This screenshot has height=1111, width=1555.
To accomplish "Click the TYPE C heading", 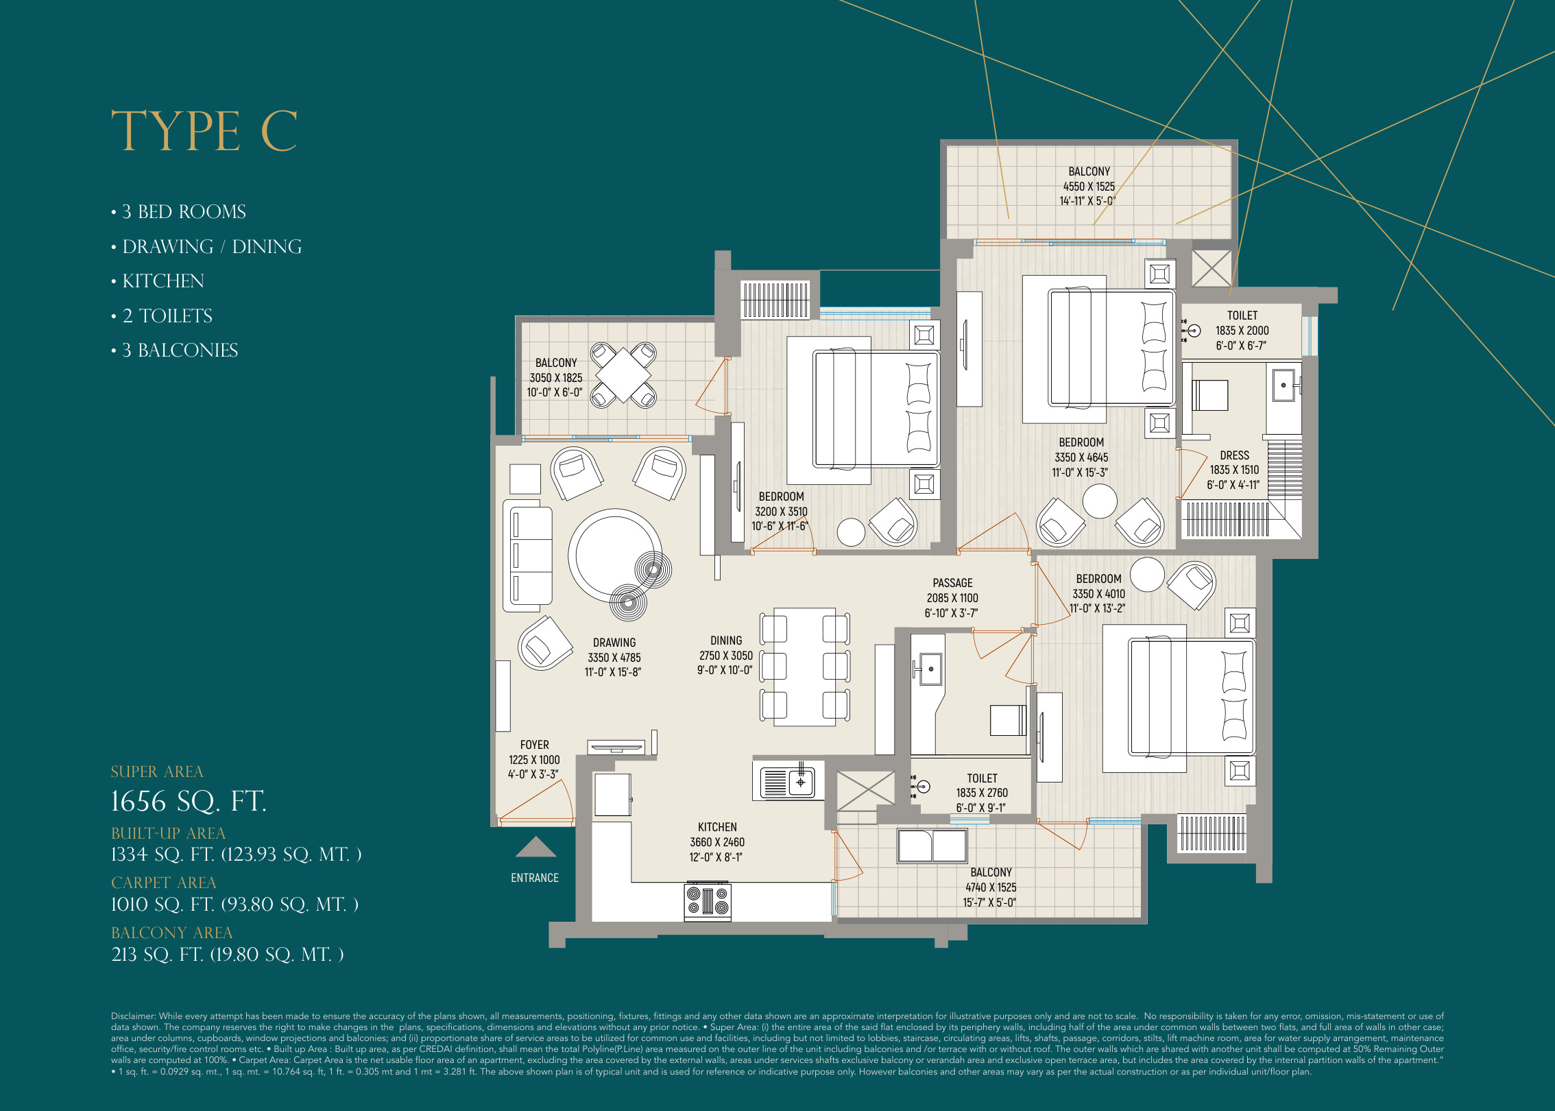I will point(204,131).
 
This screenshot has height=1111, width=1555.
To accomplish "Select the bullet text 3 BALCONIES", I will point(180,350).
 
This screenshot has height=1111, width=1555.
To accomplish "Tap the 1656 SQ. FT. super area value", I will point(189,801).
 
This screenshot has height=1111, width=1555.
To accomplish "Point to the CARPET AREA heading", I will point(163,883).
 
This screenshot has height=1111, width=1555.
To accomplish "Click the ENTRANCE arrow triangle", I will point(535,848).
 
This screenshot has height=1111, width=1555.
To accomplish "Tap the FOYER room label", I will point(534,745).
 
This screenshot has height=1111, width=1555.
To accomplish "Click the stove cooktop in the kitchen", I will point(708,901).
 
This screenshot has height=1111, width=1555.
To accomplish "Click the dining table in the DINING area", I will point(804,667).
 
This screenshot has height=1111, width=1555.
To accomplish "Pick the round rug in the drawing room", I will point(614,555).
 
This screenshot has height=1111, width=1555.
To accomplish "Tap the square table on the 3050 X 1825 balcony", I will point(623,375).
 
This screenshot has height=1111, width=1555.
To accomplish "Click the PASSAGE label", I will point(952,583).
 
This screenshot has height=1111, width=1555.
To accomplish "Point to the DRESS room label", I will point(1234,455).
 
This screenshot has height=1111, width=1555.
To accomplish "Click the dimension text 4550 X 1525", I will point(1089,187).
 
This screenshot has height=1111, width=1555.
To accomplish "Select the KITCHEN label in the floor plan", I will point(717,827).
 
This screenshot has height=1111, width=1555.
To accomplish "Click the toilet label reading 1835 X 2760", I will point(982,793).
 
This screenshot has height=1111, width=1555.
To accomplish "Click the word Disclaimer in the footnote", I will point(134,1016).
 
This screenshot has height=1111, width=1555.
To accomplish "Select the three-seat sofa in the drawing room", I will point(528,555).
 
